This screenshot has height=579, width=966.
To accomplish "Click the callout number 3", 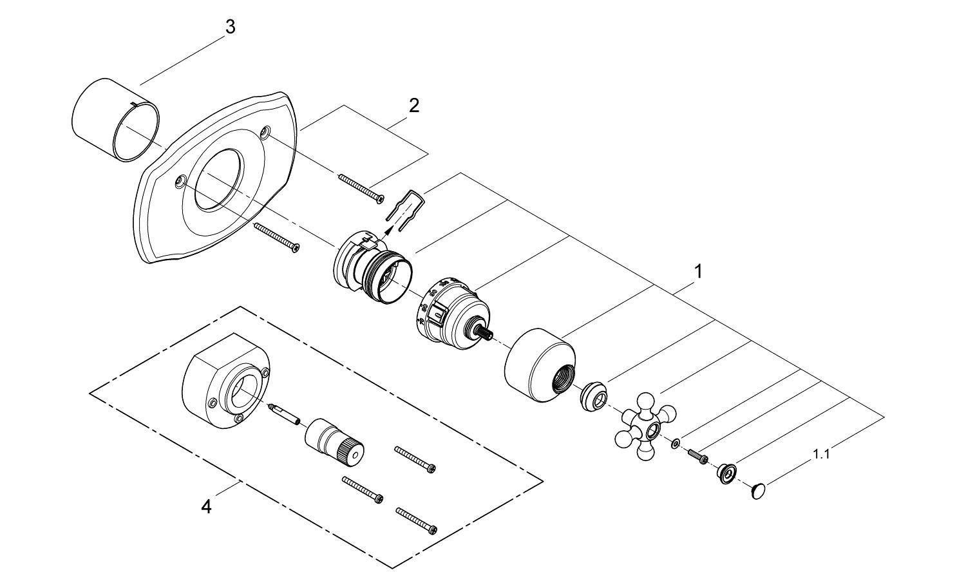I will (230, 28).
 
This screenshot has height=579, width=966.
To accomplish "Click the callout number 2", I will (413, 105).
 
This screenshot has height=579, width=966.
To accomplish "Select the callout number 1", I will (698, 272).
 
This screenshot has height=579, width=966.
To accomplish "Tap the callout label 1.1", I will (821, 454).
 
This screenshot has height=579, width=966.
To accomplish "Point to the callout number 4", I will (206, 508).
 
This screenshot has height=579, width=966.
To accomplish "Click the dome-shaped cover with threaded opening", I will (540, 363).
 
